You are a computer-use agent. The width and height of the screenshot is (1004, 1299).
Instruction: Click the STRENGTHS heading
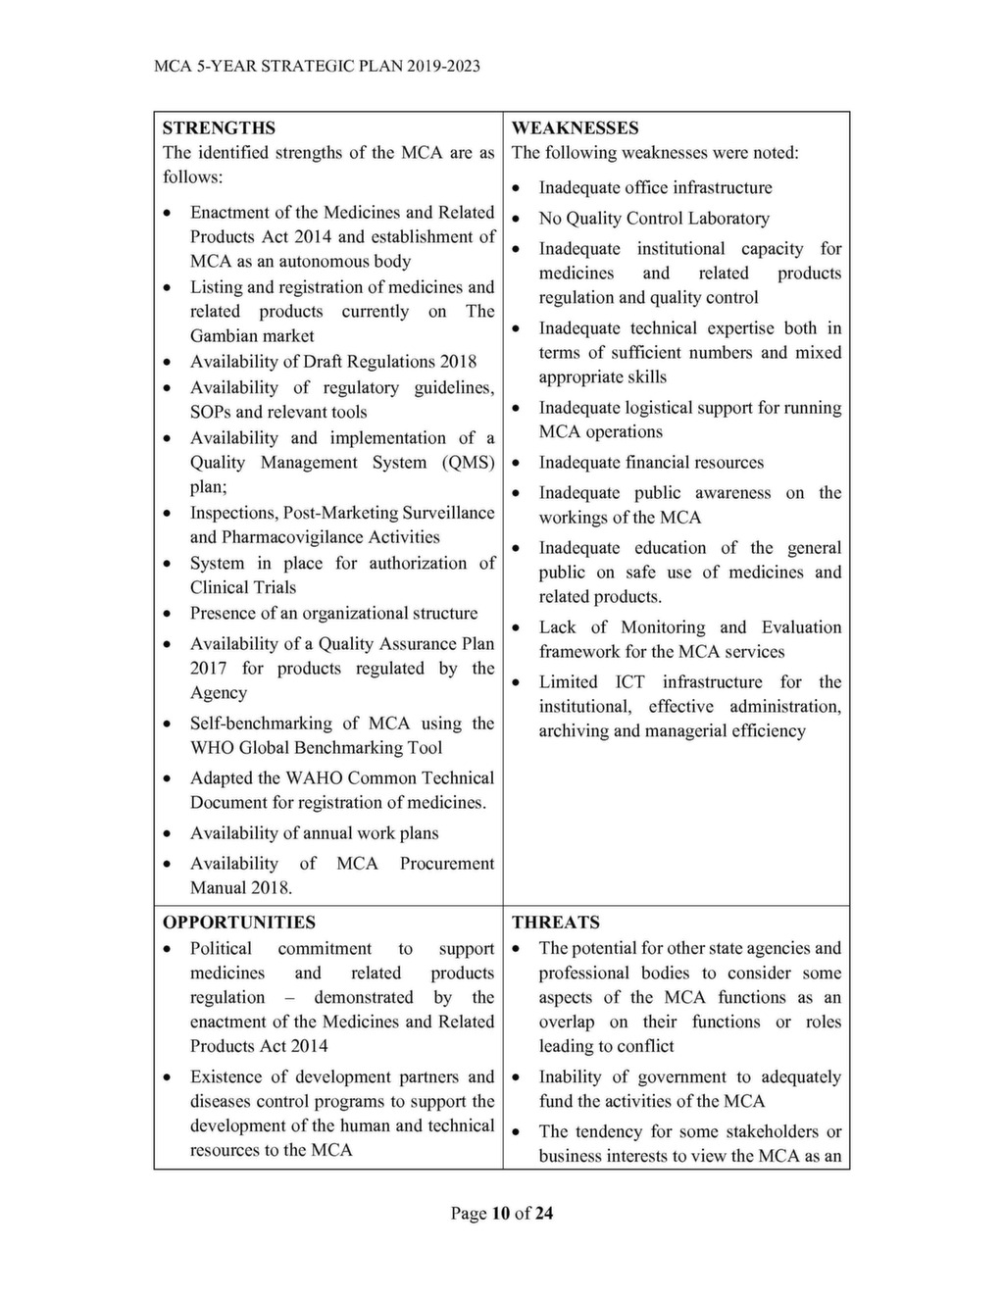[x=219, y=128]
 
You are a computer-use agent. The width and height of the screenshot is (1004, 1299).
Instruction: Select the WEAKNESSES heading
[x=575, y=128]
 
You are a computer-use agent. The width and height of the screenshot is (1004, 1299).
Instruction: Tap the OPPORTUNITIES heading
[x=239, y=923]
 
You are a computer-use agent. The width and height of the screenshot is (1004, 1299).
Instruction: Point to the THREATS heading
[x=555, y=923]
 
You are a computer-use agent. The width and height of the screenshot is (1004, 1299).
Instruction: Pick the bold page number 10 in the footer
[x=500, y=1214]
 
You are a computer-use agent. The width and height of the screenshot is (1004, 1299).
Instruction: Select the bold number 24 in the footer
[x=543, y=1214]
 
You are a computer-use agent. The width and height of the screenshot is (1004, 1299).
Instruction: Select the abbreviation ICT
[x=629, y=682]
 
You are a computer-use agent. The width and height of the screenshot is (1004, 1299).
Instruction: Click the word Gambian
[x=225, y=336]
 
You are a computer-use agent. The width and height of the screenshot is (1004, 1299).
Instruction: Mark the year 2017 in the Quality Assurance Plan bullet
[x=208, y=669]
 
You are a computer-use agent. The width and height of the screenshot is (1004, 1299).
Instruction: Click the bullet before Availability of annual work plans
[x=169, y=834]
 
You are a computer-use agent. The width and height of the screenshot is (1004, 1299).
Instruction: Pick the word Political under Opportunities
[x=221, y=949]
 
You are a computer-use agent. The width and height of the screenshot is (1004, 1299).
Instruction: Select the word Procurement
[x=446, y=864]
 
